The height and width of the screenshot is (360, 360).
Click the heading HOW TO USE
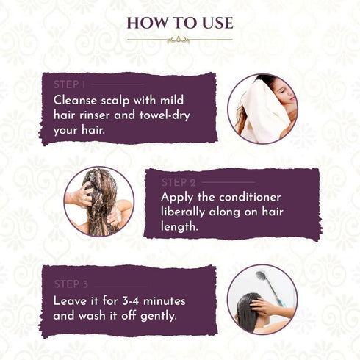pyautogui.click(x=180, y=23)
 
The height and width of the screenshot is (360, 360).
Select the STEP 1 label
pyautogui.click(x=70, y=84)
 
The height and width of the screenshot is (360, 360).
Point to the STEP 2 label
pyautogui.click(x=179, y=183)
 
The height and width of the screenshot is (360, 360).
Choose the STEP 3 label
pyautogui.click(x=71, y=284)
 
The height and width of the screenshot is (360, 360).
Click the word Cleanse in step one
pyautogui.click(x=75, y=101)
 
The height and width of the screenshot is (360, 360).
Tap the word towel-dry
pyautogui.click(x=165, y=115)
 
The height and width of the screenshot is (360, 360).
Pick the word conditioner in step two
pyautogui.click(x=250, y=198)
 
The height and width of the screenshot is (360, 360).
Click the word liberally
pyautogui.click(x=183, y=212)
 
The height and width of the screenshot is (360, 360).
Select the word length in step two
pyautogui.click(x=179, y=226)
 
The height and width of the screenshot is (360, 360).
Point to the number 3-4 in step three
pyautogui.click(x=131, y=301)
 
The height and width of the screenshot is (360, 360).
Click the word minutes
pyautogui.click(x=165, y=301)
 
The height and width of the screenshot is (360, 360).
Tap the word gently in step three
pyautogui.click(x=159, y=317)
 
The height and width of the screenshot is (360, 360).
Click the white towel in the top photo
pyautogui.click(x=263, y=112)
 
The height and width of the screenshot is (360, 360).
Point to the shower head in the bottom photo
pyautogui.click(x=261, y=276)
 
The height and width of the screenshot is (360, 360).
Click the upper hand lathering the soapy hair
pyautogui.click(x=84, y=195)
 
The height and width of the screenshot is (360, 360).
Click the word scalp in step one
pyautogui.click(x=115, y=101)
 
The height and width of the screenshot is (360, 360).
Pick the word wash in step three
pyautogui.click(x=92, y=316)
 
